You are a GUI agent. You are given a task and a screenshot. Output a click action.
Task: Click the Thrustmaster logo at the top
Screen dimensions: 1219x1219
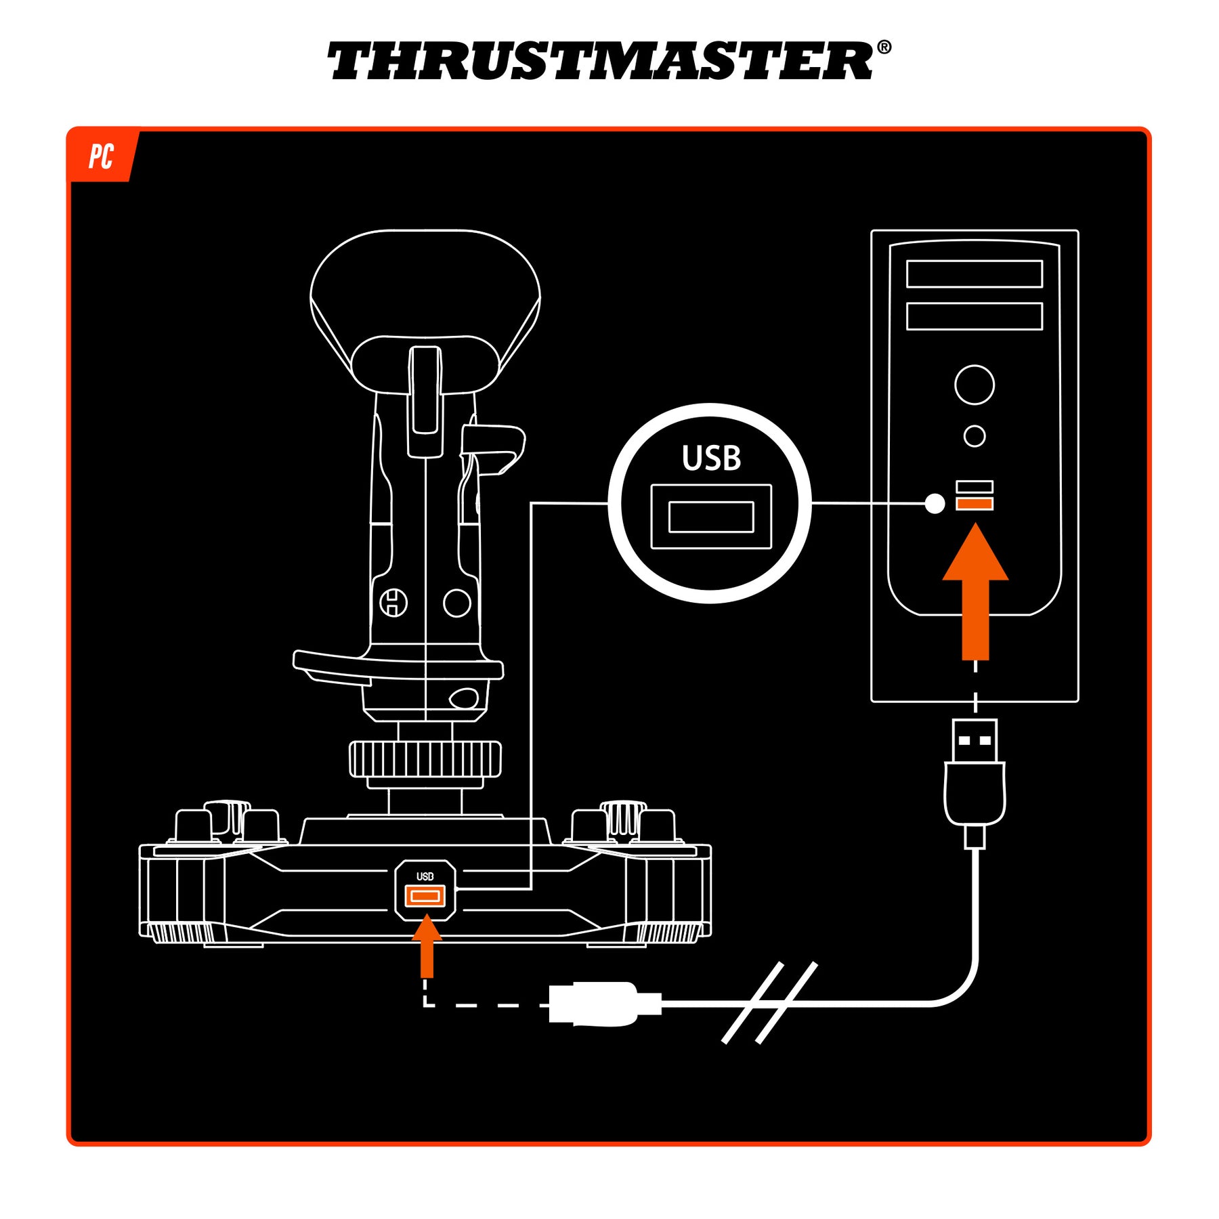[609, 60]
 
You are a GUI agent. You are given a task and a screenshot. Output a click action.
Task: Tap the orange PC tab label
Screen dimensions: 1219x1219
[101, 156]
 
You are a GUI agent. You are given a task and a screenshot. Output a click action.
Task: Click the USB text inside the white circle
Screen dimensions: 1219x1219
[711, 458]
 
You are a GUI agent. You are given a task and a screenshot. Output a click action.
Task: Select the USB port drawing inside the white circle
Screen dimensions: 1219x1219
[711, 517]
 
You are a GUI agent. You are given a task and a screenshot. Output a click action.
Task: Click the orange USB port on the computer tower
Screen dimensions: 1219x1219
[975, 503]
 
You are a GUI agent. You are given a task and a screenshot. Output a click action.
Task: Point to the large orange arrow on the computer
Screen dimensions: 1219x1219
[975, 591]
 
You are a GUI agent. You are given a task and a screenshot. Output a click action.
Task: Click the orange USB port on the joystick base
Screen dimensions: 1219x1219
[425, 896]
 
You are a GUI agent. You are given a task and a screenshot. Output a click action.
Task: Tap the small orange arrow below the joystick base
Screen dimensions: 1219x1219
[427, 946]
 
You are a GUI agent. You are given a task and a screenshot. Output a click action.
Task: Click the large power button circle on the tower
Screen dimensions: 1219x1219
[975, 385]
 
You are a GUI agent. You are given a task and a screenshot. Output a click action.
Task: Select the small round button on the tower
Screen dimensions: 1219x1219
[975, 436]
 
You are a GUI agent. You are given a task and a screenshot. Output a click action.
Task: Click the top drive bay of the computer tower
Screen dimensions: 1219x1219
[975, 274]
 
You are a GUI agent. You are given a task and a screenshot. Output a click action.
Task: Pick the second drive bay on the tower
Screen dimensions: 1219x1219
[975, 316]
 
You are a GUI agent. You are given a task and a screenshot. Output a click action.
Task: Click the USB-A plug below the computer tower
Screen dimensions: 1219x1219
[975, 782]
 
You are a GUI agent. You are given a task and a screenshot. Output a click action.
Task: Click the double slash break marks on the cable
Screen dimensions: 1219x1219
[770, 1003]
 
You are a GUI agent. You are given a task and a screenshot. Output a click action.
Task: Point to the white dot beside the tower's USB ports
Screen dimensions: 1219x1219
[935, 503]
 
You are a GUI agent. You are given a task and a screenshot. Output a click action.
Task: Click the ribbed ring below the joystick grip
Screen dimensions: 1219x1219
[425, 758]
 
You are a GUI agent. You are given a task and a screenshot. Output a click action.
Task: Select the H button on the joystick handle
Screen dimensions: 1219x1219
[393, 602]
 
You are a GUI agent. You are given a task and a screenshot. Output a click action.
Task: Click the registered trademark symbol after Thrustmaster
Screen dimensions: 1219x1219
[884, 47]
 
